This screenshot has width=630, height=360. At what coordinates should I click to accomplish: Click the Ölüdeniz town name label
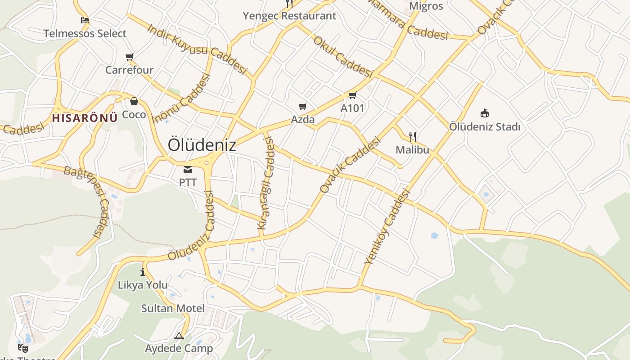pos(202,145)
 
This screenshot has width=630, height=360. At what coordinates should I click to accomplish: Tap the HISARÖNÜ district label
pos(85,118)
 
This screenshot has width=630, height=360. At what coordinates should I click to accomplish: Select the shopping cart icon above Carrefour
pos(130,57)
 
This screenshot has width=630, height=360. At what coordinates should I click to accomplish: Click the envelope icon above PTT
pos(188,170)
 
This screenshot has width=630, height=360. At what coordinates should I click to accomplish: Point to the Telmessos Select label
pos(85,33)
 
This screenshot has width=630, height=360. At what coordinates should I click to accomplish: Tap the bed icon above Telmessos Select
pos(85,20)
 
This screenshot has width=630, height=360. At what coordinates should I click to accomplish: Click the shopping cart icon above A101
pos(352,95)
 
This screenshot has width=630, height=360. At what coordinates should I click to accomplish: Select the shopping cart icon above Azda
pos(303,107)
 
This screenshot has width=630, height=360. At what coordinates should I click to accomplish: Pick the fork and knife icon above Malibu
pos(412,136)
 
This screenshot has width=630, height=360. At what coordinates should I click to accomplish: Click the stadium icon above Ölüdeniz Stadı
pos(485,113)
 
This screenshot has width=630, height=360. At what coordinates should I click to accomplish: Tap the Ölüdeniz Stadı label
pos(485,127)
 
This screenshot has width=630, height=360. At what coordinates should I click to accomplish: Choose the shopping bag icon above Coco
pos(134,101)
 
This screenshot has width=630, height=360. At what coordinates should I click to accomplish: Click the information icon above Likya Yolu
pos(143,272)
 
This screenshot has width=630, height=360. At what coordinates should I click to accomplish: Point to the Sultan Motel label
pos(173,308)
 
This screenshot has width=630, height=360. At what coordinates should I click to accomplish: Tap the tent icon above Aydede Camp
pos(179,336)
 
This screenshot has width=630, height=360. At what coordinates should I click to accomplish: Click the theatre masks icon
pos(23,348)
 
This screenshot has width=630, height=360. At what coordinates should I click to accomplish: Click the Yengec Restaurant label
pos(289,16)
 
